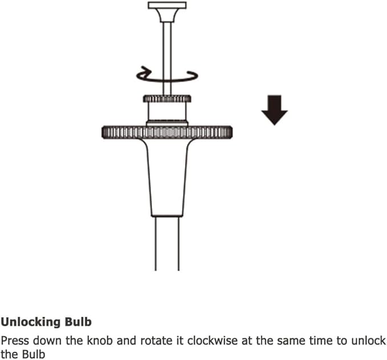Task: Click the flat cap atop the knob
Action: [x=167, y=6]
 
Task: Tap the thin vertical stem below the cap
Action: [x=167, y=59]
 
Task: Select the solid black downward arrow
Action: [x=275, y=110]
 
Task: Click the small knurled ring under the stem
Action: [x=167, y=99]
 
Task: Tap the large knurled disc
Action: [x=167, y=132]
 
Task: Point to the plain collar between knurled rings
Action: [x=167, y=112]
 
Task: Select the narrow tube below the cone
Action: [x=167, y=244]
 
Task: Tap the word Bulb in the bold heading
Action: [x=78, y=322]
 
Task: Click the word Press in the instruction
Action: [x=15, y=341]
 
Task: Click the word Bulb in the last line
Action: [x=33, y=354]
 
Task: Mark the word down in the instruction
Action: [x=47, y=341]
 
